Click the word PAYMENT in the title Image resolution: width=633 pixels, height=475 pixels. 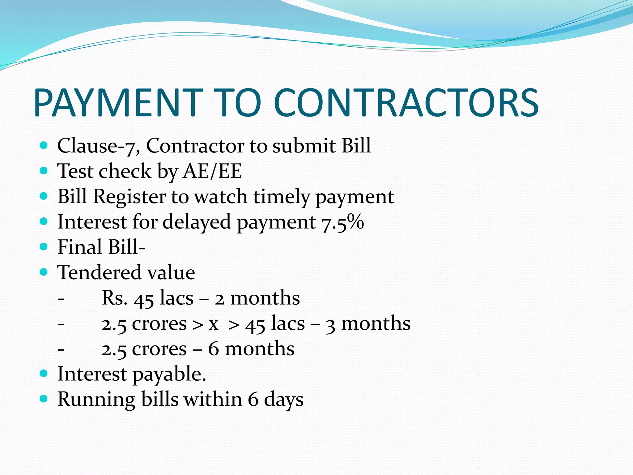coord(118,103)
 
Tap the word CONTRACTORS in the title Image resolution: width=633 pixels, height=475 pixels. coord(406,103)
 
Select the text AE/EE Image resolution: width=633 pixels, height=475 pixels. coord(212,171)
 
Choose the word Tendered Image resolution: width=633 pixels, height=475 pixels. coord(99,272)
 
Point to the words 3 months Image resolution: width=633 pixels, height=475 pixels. coord(368,323)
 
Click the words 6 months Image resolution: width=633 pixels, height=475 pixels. coord(251,349)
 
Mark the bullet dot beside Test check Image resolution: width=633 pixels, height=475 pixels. coord(44,170)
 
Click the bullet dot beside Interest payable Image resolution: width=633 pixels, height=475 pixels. coord(44,373)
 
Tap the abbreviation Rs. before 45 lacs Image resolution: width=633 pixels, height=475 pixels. coord(114,298)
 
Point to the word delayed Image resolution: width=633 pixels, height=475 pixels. coord(197,222)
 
